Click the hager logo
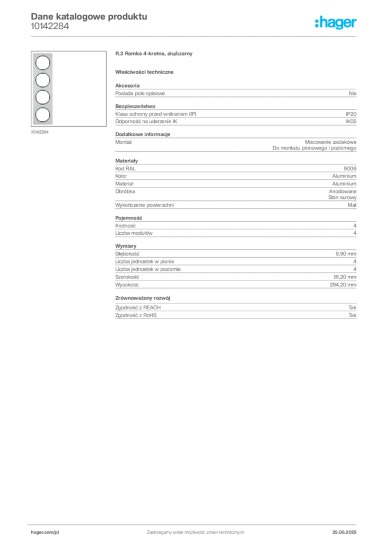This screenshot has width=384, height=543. point(336,22)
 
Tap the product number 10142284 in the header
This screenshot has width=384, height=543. point(50,27)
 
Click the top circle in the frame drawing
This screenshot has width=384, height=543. point(42,63)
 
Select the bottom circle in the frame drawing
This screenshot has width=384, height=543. point(42,115)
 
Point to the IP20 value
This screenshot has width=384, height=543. point(351,114)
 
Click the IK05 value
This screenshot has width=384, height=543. point(351,121)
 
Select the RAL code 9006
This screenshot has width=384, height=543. point(350,169)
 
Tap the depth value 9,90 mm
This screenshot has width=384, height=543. point(346,254)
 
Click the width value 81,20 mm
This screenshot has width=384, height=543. point(345,277)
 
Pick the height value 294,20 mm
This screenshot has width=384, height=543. point(343,285)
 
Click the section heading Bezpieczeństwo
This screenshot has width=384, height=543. point(135,106)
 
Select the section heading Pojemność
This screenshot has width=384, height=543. point(128,218)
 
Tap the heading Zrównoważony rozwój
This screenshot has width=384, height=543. point(143,298)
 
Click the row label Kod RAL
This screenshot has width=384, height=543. point(125,169)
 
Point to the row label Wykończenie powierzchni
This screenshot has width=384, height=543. point(144,205)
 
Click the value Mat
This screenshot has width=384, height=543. point(352,205)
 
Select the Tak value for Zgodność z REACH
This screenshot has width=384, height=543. point(352,308)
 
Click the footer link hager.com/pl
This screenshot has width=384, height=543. point(45,532)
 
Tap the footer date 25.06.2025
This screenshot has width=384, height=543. point(344,532)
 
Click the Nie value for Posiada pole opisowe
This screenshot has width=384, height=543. point(353,93)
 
